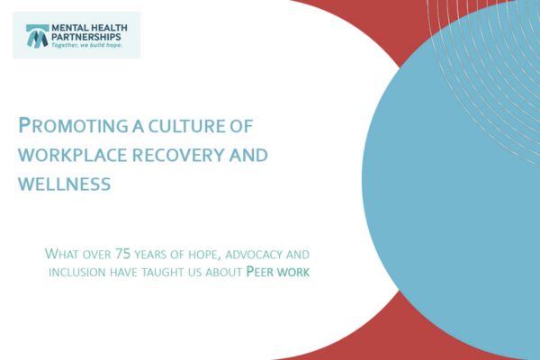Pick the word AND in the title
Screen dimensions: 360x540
[x=247, y=154]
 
